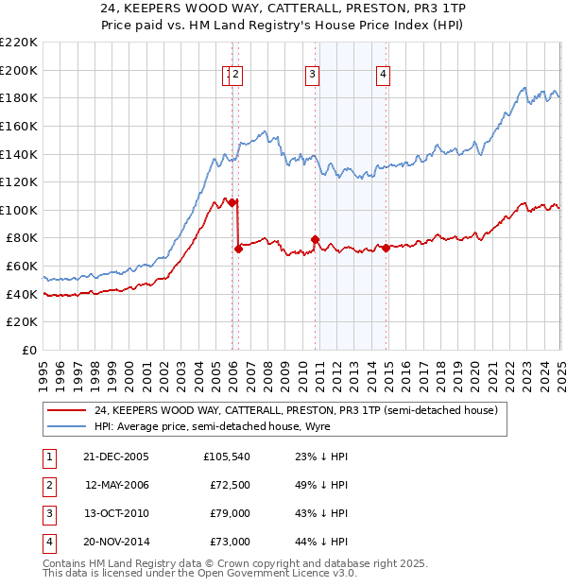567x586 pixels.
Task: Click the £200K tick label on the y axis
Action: point(20,70)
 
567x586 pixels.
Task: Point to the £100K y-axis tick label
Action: point(20,210)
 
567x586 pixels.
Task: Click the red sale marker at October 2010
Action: point(315,239)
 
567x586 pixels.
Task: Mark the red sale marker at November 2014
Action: point(387,248)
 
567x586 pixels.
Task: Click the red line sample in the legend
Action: point(66,411)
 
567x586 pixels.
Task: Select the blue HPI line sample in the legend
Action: point(66,427)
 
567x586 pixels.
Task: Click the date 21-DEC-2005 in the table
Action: point(115,457)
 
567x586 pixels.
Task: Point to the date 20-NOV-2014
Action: point(116,542)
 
